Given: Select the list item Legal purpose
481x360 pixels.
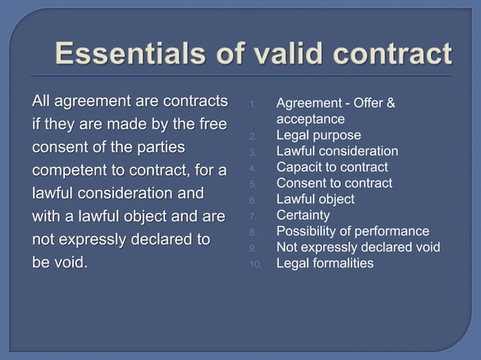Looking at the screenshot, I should [318, 136].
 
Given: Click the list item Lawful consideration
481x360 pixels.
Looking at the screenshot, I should [337, 151].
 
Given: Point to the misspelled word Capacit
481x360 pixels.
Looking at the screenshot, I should [300, 167].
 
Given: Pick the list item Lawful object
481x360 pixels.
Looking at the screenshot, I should [315, 200].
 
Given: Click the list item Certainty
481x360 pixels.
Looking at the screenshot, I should [303, 215].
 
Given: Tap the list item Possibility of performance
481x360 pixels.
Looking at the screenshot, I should [353, 231].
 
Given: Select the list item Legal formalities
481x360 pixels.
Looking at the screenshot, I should [325, 263].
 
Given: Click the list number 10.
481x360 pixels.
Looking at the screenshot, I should [254, 264].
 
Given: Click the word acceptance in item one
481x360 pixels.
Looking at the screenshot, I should [311, 119].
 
